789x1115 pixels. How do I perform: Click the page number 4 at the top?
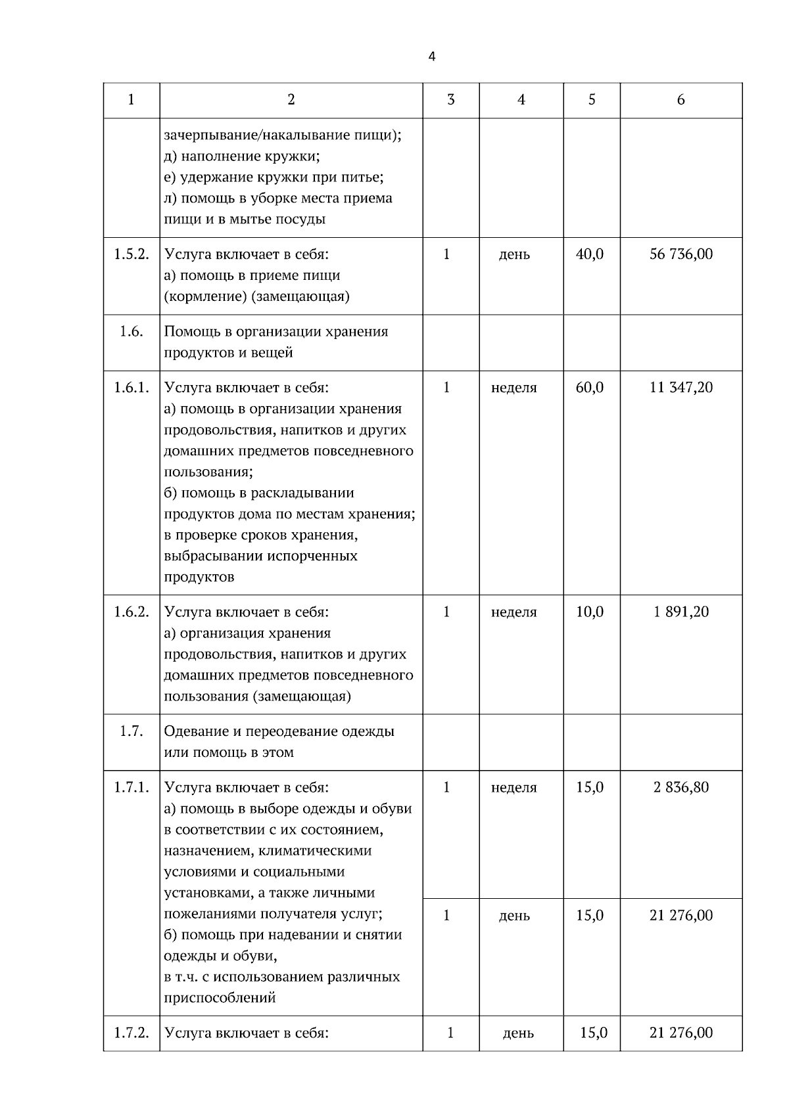431,57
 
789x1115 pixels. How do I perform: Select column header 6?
681,100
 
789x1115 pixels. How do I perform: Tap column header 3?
450,100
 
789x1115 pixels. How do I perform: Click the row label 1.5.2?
131,254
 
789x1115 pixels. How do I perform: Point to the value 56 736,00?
681,254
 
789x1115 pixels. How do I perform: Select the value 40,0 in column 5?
590,254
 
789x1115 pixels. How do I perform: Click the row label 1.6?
131,331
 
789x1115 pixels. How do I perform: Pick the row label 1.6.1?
131,388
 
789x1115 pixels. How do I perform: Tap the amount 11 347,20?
681,388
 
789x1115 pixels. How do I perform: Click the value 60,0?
590,388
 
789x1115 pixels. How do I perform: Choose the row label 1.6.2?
131,612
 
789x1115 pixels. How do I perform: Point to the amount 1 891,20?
681,612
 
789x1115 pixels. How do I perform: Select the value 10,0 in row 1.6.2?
590,612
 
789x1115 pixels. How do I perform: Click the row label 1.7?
131,731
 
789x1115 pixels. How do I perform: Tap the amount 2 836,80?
681,787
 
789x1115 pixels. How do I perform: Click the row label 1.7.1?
131,787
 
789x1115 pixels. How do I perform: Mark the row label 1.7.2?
131,1034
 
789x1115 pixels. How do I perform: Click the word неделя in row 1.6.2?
514,612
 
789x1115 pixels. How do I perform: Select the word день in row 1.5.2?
514,255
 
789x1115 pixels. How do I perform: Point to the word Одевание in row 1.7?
195,731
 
